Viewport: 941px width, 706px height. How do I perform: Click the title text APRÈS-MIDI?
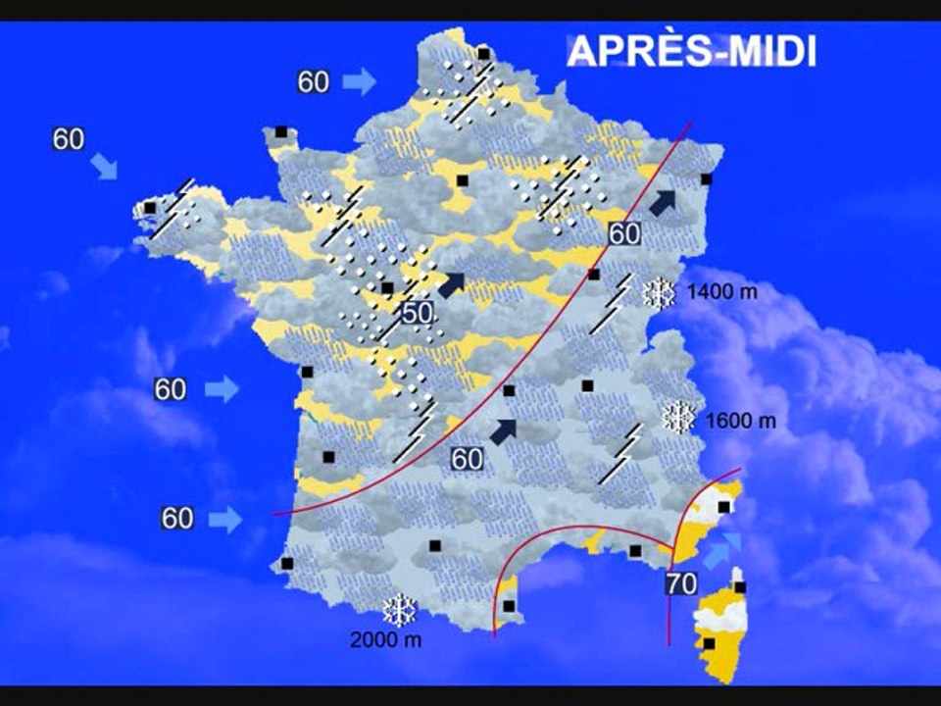click(x=691, y=51)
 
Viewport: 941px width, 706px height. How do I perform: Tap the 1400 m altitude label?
click(x=721, y=292)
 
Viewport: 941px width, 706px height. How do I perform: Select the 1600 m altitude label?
click(x=740, y=421)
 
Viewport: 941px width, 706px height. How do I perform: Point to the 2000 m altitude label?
click(x=386, y=641)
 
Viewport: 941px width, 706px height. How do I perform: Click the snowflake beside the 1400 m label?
click(x=659, y=293)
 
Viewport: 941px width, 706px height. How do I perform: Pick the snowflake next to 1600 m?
click(x=678, y=418)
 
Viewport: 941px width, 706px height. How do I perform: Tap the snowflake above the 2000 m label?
click(x=400, y=611)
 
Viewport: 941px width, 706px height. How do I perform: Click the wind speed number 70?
click(x=681, y=584)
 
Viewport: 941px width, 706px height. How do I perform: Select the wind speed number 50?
click(x=417, y=313)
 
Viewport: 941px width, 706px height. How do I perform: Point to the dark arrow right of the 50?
click(x=452, y=284)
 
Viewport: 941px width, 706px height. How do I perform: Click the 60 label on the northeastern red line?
click(x=623, y=233)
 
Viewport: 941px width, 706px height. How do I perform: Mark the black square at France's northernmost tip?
click(x=483, y=53)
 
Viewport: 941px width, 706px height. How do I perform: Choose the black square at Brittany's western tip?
click(x=150, y=208)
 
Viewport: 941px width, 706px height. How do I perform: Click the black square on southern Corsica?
click(x=709, y=643)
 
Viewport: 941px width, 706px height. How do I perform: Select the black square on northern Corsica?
click(x=740, y=587)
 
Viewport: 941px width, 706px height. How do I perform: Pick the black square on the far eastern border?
click(x=706, y=178)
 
